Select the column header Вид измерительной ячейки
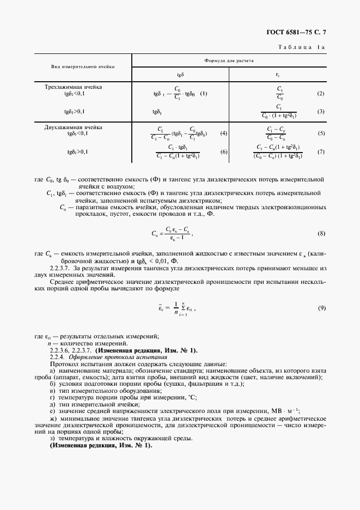(83, 66)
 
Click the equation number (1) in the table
(204, 93)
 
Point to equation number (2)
(321, 94)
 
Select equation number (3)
(321, 112)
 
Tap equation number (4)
(223, 133)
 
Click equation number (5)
(321, 133)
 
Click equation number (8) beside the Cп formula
(321, 234)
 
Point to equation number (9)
(322, 308)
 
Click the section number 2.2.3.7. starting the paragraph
(60, 269)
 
